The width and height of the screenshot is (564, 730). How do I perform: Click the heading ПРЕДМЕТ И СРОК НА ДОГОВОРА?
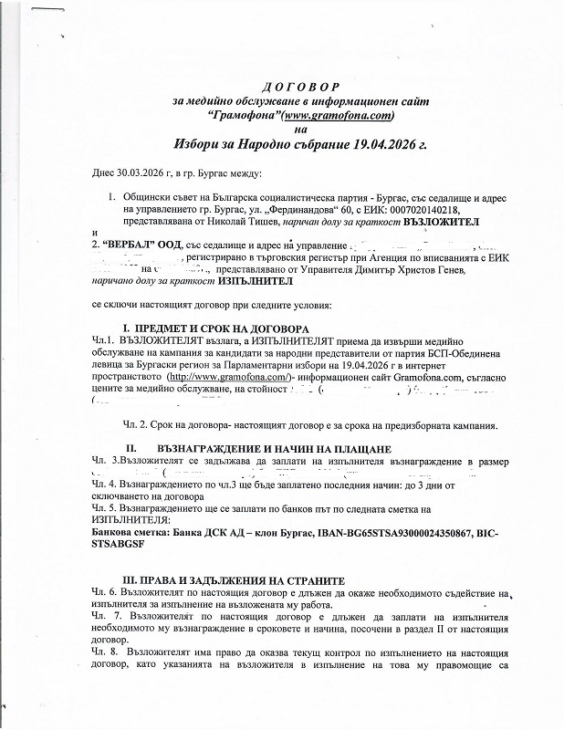coord(221,328)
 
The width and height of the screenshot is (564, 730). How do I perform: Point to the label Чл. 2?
coord(135,425)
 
